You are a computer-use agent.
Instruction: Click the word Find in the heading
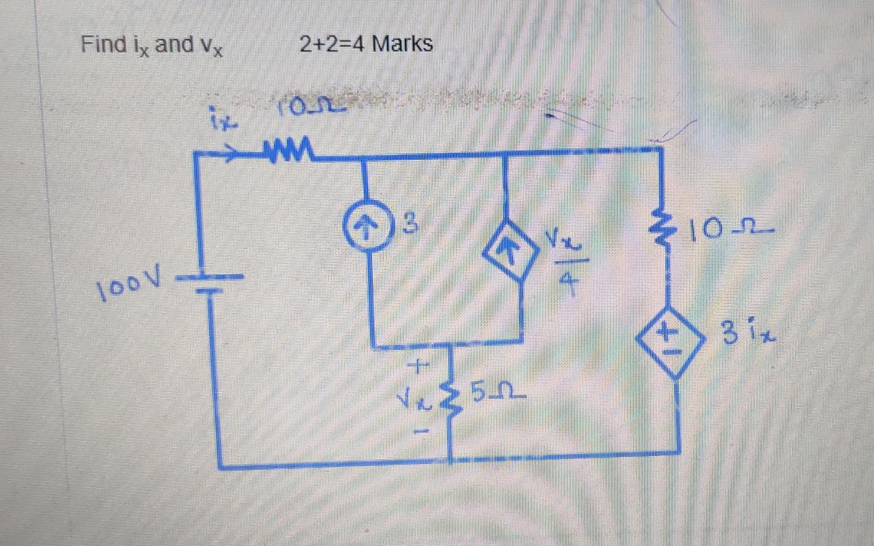104,44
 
